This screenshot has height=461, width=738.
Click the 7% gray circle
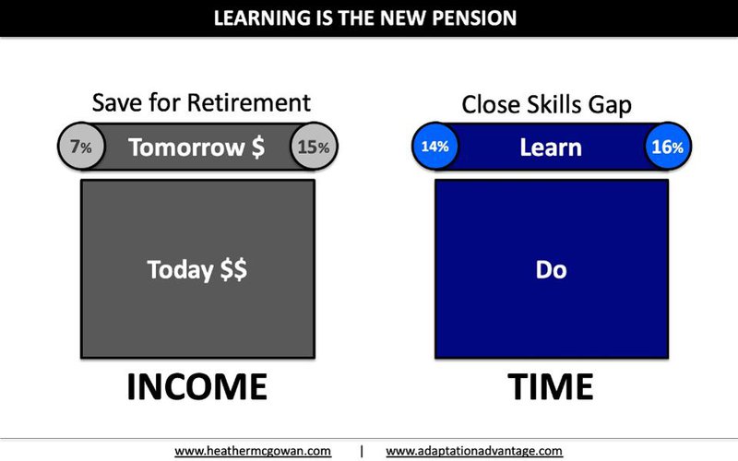click(x=81, y=147)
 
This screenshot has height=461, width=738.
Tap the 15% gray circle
click(x=314, y=147)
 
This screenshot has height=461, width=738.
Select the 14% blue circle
click(x=434, y=147)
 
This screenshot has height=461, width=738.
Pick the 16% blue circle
click(x=667, y=147)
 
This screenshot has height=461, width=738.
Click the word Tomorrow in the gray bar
click(x=186, y=148)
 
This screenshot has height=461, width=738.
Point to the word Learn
click(x=551, y=148)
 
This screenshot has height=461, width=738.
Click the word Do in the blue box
click(x=551, y=269)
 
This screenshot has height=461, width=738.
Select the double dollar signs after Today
click(x=233, y=270)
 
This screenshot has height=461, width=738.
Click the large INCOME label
click(x=197, y=386)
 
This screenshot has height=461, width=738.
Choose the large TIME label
click(x=550, y=386)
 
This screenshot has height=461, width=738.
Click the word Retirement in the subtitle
click(x=249, y=102)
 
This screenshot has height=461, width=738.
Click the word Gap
click(x=610, y=105)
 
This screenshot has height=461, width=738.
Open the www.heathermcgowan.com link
click(x=253, y=451)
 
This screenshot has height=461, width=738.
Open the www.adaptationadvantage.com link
click(x=474, y=451)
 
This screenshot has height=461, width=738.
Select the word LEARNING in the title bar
click(x=262, y=18)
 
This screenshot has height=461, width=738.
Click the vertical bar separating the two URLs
click(x=362, y=451)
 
